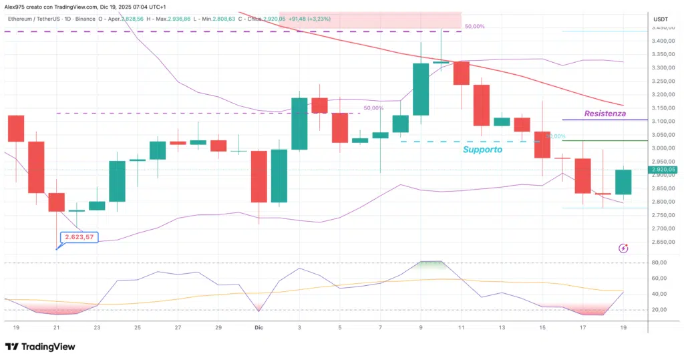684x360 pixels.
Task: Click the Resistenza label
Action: click(605, 114)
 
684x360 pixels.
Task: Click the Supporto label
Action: click(482, 150)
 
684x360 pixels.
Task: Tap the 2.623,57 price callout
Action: click(79, 236)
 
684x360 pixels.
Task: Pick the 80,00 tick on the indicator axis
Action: click(659, 262)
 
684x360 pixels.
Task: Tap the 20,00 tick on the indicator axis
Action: click(659, 310)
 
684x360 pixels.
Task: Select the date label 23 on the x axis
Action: click(98, 328)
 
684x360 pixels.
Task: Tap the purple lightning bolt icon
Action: click(623, 248)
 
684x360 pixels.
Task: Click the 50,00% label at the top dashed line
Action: click(474, 26)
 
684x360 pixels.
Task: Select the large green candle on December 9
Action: click(421, 89)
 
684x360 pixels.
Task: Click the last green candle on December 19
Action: click(623, 182)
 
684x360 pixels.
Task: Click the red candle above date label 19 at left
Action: click(16, 128)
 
